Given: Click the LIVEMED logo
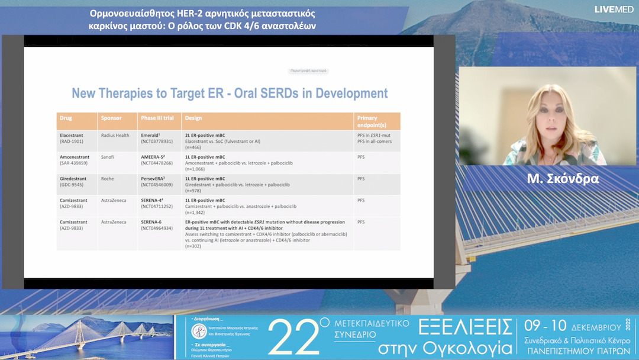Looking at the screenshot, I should coord(615,9).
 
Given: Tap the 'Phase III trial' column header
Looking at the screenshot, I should coord(157,118).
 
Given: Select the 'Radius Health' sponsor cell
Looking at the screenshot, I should coord(115,135).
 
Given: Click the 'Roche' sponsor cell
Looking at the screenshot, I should coord(107,178).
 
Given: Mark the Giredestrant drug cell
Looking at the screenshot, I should coord(73,181).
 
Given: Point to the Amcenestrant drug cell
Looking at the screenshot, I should coord(75,160).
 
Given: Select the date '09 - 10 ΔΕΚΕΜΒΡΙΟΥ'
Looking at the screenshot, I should coord(571,327).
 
